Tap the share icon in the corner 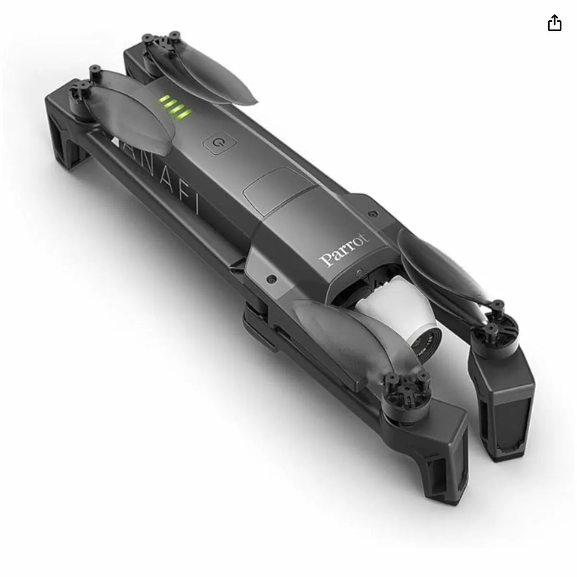(x=554, y=23)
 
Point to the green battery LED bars (x=176, y=107)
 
